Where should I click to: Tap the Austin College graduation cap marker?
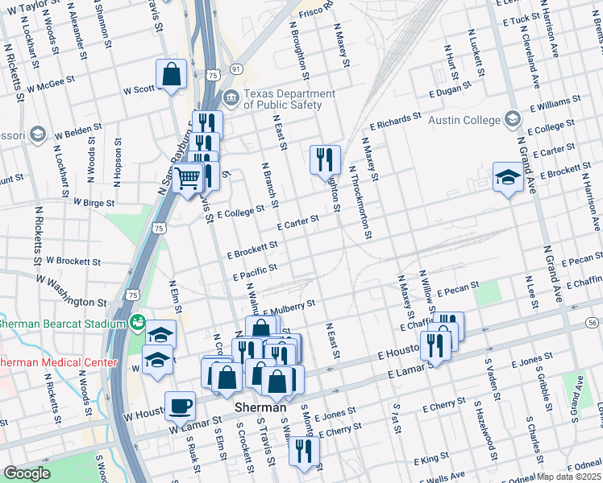(x=511, y=119)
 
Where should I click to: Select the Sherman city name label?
(x=260, y=408)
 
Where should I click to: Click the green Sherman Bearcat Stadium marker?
(x=139, y=324)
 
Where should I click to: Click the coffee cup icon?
(x=180, y=406)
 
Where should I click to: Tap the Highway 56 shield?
(x=593, y=322)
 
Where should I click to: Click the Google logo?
(x=27, y=473)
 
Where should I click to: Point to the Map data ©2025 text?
(x=568, y=477)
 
